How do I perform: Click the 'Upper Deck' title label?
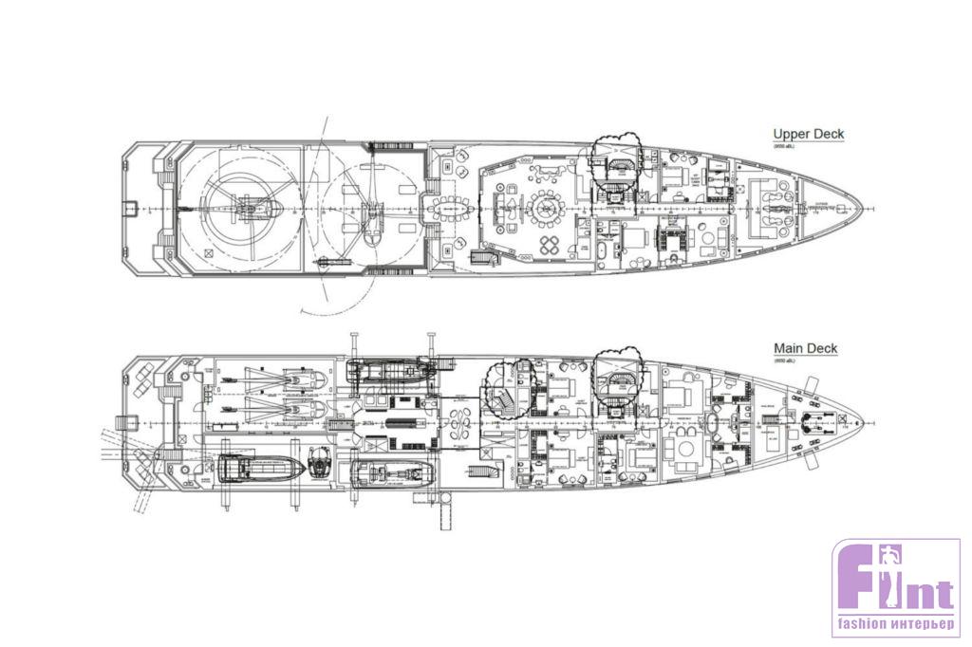tap(808, 135)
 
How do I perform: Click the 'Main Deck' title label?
tap(805, 349)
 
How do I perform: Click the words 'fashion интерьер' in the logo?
tap(894, 626)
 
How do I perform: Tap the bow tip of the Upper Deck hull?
tap(862, 208)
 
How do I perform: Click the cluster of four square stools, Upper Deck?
tap(551, 245)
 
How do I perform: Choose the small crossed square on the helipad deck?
tap(207, 253)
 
